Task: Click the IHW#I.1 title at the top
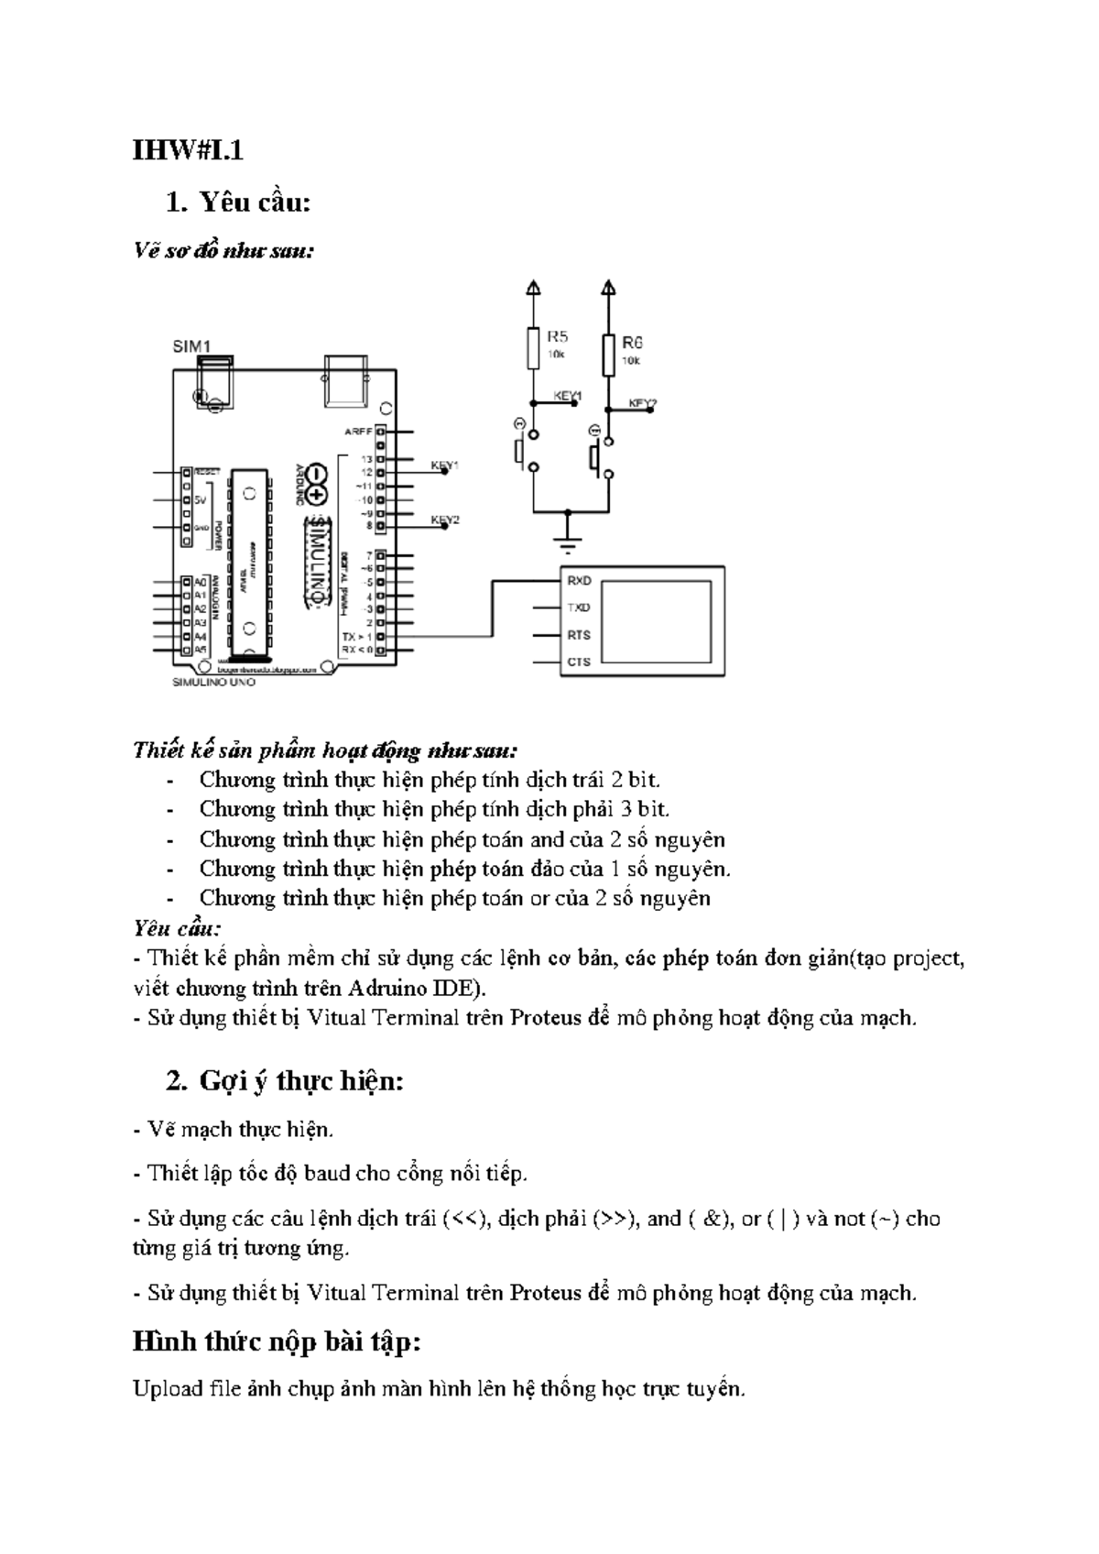[x=188, y=150]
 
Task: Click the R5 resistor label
[x=557, y=337]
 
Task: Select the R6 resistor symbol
[x=607, y=356]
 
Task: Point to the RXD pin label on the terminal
[x=578, y=581]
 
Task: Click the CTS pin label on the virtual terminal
[x=578, y=662]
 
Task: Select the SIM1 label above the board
[x=191, y=346]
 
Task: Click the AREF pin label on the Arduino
[x=356, y=431]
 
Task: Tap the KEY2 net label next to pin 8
[x=445, y=520]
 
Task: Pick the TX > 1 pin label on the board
[x=356, y=636]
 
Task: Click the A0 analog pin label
[x=200, y=582]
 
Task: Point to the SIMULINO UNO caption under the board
[x=214, y=683]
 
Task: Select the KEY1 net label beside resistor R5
[x=568, y=396]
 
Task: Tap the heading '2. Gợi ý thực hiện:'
[x=285, y=1081]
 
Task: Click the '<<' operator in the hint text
[x=458, y=1219]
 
